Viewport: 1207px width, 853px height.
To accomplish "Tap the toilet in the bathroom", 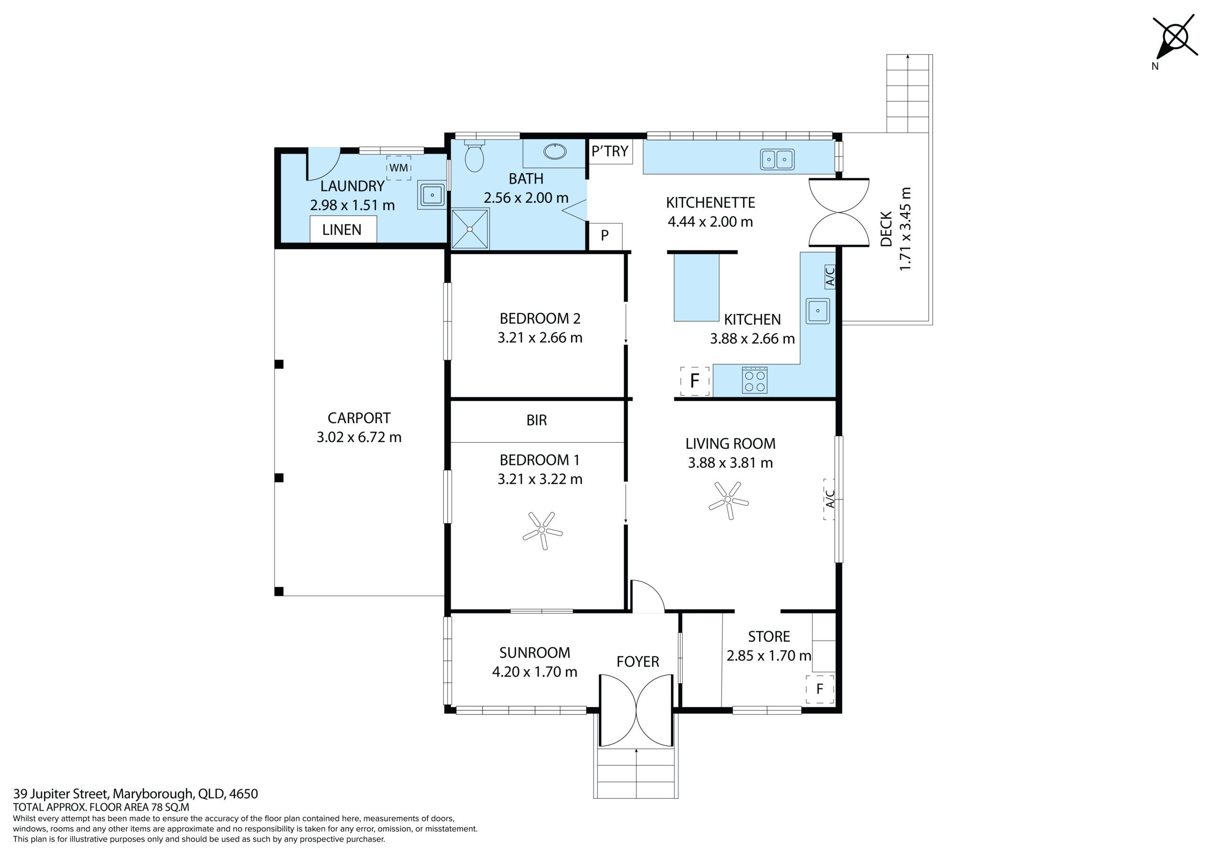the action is point(474,156).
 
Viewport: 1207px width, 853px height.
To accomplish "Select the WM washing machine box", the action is point(399,168).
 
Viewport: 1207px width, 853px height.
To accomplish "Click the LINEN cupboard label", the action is point(342,230).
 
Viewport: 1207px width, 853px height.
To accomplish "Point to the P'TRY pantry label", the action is point(610,151).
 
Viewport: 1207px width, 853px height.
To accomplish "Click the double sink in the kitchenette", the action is point(777,159).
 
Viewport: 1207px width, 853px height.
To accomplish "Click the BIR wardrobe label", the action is point(537,420).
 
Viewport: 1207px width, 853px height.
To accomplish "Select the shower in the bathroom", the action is point(470,229).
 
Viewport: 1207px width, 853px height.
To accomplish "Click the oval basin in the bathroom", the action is point(554,152).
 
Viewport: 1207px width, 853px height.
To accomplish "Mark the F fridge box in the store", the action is point(819,689).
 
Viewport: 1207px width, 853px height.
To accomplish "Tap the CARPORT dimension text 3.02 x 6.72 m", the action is point(359,437).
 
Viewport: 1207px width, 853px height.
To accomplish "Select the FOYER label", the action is point(637,662).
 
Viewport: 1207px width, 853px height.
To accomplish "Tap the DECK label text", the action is point(886,229).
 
